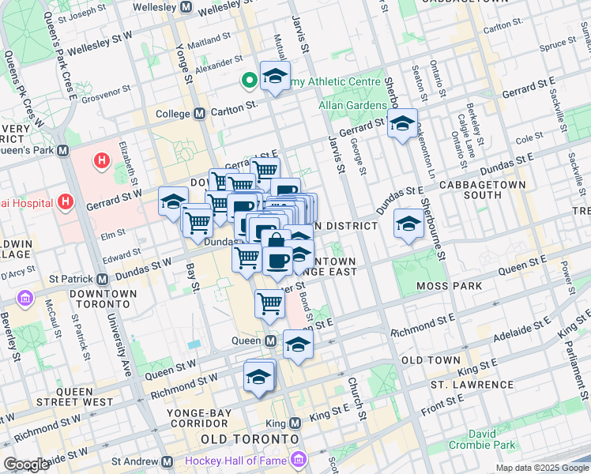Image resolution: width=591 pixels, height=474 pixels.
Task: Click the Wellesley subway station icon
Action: click(186, 7)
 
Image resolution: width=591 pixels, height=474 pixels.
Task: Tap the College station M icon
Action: click(200, 114)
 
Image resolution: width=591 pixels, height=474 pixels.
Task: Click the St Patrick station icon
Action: click(102, 279)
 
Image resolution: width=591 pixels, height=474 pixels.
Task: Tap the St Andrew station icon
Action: click(167, 461)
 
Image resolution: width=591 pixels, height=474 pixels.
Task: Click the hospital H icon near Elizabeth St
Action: click(101, 162)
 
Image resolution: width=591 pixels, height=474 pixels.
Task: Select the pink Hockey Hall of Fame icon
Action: click(298, 459)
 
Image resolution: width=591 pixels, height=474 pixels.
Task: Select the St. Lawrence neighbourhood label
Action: click(471, 385)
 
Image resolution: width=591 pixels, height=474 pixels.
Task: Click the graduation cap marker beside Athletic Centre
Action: click(275, 77)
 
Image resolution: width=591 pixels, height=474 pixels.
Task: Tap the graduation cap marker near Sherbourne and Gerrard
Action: click(402, 124)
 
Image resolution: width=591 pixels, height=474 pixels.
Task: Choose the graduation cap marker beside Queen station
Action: click(298, 344)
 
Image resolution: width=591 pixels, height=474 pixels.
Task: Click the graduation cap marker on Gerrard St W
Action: click(173, 202)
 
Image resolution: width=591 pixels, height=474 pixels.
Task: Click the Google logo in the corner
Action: click(26, 464)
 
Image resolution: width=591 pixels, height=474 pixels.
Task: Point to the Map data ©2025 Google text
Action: click(541, 468)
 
